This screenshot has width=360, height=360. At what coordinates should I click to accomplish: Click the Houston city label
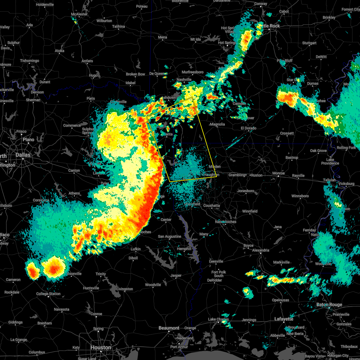(101, 347)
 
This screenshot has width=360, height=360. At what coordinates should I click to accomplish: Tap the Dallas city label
(23, 155)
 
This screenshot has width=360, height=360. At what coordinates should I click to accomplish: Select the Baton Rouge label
(329, 304)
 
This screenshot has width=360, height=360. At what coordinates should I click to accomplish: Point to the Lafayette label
(284, 319)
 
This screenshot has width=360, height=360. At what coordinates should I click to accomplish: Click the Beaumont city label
(169, 328)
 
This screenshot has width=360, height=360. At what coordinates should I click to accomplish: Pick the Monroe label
(278, 173)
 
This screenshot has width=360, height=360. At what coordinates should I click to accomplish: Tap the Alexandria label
(261, 250)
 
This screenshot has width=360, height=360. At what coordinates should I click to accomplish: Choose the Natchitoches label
(226, 222)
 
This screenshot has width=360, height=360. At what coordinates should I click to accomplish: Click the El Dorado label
(248, 128)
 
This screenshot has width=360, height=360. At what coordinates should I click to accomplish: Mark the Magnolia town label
(217, 124)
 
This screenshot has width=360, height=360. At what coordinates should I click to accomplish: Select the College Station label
(48, 294)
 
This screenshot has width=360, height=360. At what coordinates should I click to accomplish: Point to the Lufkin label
(136, 249)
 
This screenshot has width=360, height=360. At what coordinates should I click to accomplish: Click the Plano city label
(28, 139)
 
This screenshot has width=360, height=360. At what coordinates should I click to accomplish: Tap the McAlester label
(79, 14)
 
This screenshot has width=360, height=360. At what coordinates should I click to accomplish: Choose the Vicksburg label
(346, 184)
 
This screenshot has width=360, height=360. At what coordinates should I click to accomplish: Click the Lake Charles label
(218, 319)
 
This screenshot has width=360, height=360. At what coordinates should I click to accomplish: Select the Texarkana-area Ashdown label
(169, 98)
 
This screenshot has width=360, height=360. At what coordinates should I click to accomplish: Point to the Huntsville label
(91, 288)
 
